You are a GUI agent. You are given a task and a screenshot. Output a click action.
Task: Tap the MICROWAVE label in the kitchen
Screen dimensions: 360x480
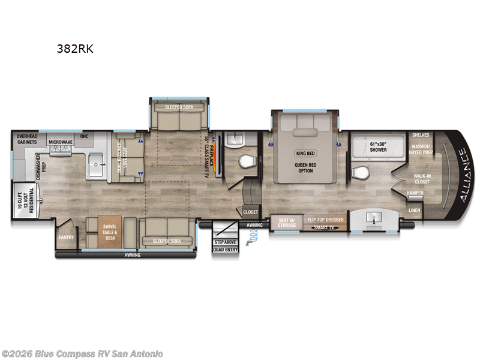click(61, 142)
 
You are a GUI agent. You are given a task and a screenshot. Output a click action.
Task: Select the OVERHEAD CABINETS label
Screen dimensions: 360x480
click(28, 139)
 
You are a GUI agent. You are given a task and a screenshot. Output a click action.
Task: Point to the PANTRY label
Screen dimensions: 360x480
click(66, 237)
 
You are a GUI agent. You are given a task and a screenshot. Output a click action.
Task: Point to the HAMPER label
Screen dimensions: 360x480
click(415, 193)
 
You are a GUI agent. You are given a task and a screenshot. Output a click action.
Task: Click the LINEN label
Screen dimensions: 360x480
click(415, 210)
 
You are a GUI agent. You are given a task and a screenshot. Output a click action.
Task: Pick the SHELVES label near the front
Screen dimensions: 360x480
click(420, 135)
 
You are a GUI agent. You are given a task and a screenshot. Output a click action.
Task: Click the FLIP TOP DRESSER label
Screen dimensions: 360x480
click(325, 220)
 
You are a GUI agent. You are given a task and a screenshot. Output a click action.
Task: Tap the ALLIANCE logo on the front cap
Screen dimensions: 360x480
click(464, 174)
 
